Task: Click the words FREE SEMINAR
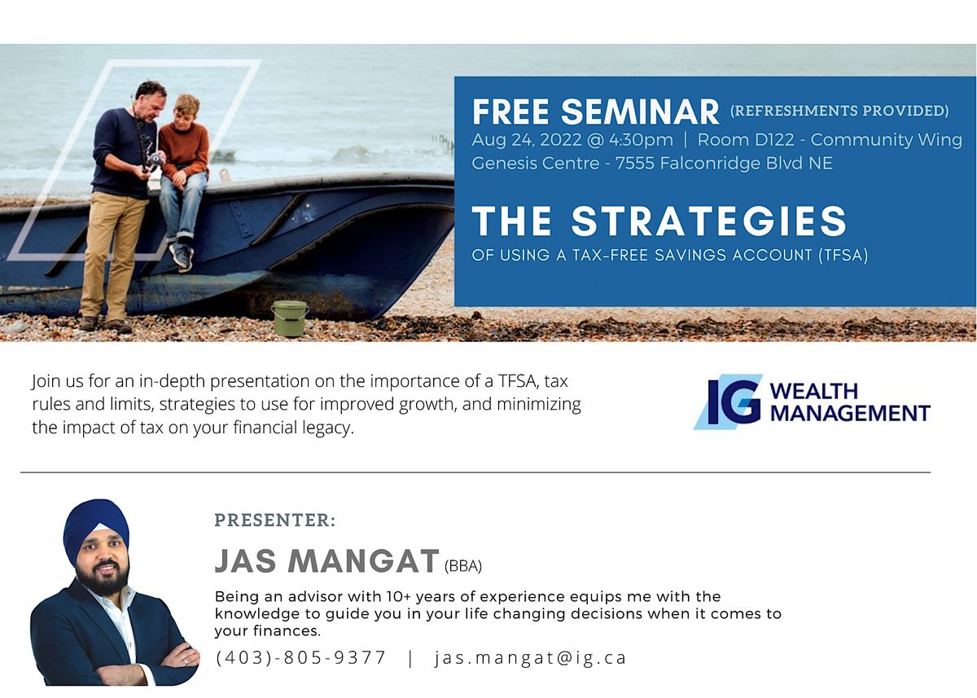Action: point(595,112)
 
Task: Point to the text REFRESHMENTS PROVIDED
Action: point(839,111)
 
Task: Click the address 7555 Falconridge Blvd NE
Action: point(724,163)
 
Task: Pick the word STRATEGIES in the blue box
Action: point(708,222)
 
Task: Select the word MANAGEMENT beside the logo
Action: point(849,413)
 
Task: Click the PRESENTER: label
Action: point(274,520)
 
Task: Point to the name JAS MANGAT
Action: point(327,561)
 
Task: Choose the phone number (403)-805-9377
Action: point(301,658)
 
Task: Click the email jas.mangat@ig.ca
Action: point(531,658)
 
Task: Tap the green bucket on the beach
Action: point(289,318)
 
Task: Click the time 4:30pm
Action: point(641,139)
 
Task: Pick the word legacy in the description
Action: point(324,428)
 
